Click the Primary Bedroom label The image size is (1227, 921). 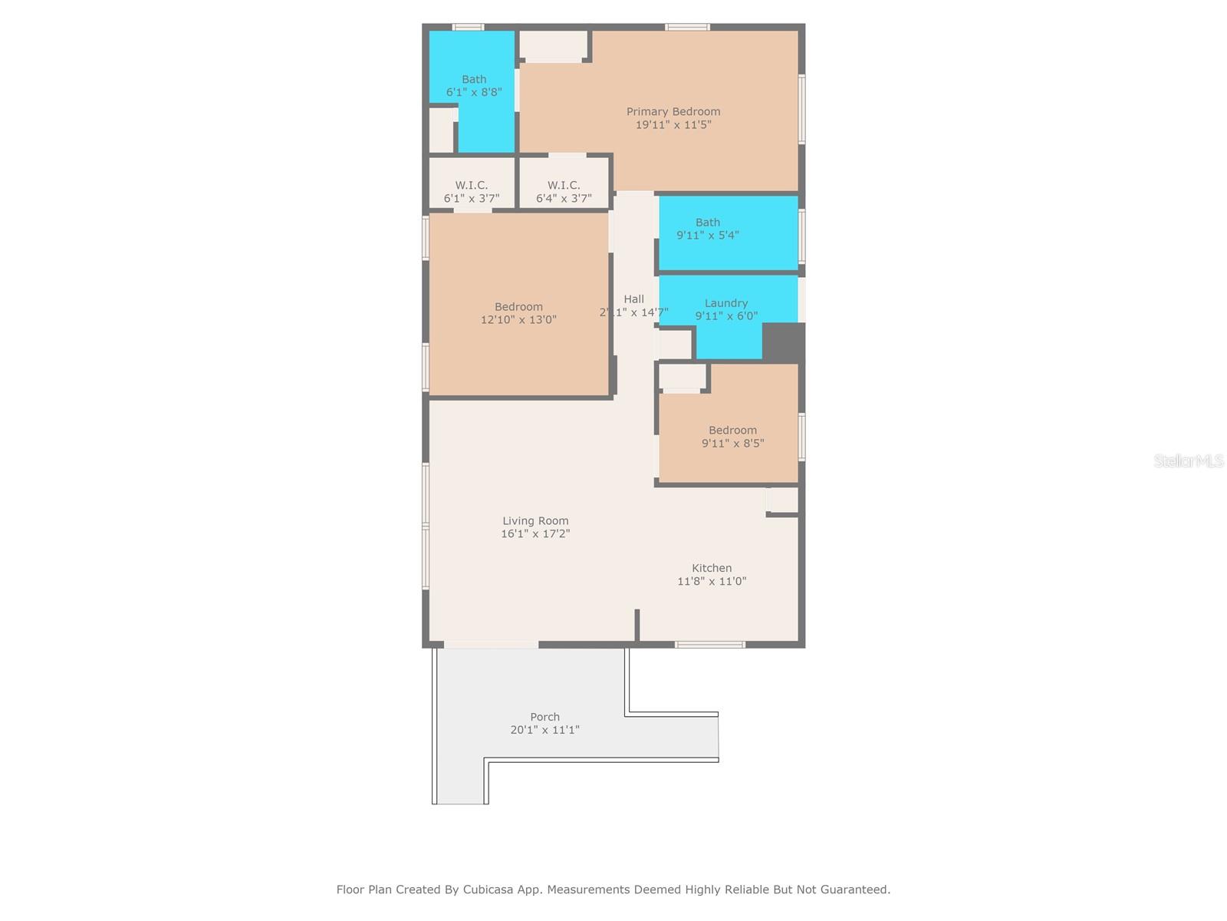tap(673, 111)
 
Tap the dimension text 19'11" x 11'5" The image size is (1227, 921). tap(673, 124)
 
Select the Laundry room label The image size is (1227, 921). tap(726, 303)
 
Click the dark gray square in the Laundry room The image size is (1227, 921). tap(783, 342)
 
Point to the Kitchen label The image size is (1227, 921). tap(712, 568)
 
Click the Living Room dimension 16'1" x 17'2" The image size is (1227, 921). tap(535, 533)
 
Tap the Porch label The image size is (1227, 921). tap(544, 717)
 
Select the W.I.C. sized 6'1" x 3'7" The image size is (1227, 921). tap(471, 191)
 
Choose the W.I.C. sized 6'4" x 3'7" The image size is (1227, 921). tap(564, 191)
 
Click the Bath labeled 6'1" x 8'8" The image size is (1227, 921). tap(474, 85)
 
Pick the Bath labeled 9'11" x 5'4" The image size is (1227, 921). tap(707, 229)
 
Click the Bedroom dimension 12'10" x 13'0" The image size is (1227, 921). tap(518, 319)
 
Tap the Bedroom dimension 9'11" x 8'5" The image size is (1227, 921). tap(732, 443)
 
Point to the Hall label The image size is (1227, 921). tap(633, 299)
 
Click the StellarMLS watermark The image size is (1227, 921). tap(1188, 460)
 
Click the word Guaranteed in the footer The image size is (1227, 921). tap(854, 890)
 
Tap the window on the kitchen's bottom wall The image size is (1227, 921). tap(709, 645)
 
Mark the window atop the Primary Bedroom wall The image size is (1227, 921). tap(687, 27)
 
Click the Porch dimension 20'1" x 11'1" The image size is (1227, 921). tap(544, 730)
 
